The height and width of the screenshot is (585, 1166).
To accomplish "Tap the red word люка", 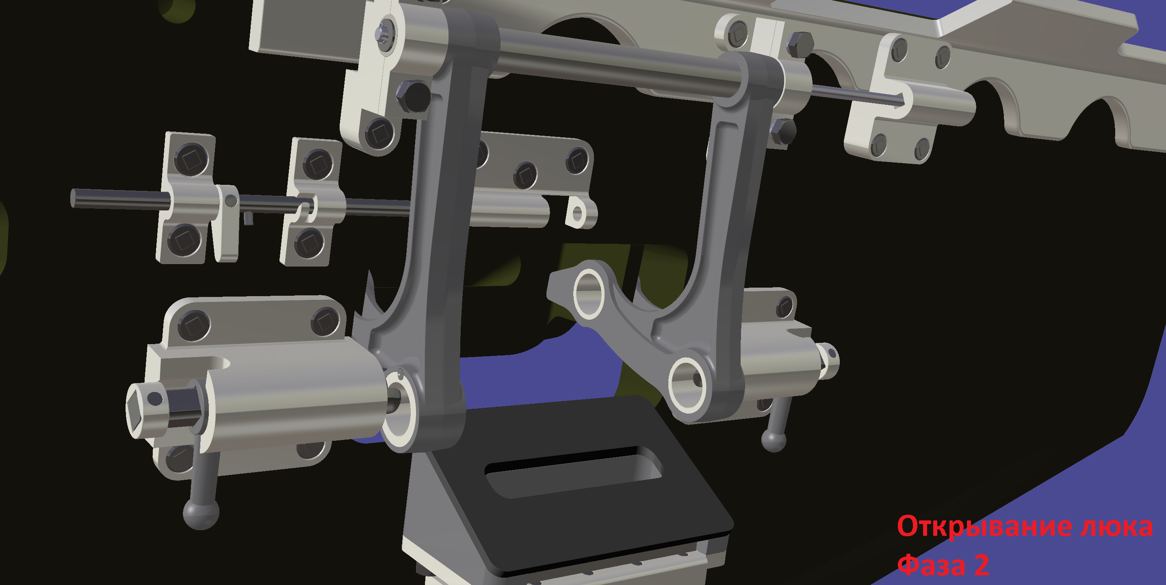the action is click(x=1116, y=526).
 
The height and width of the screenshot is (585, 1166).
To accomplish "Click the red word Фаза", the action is click(x=932, y=565).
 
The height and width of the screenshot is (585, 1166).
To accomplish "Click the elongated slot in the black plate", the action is click(x=574, y=472).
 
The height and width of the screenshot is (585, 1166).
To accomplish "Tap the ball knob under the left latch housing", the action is click(x=201, y=513).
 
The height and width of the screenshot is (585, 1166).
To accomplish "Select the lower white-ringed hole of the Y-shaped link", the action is click(x=687, y=385).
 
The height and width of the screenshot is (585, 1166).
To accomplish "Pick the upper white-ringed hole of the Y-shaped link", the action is click(x=588, y=292).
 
